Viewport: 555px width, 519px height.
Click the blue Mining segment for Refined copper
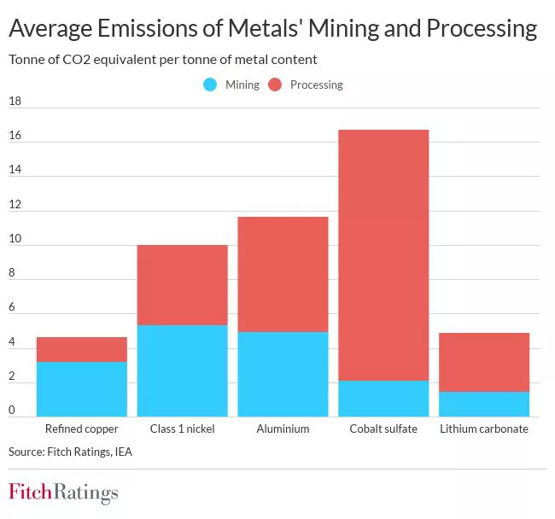[x=81, y=388]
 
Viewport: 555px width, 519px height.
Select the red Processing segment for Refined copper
[x=81, y=349]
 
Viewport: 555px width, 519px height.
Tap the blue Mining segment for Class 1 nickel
[x=182, y=370]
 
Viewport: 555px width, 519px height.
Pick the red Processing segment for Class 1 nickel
[x=182, y=285]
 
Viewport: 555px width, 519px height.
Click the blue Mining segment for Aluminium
[x=283, y=374]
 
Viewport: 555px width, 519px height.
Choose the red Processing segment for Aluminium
[x=283, y=274]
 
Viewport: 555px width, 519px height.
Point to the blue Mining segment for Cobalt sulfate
[x=383, y=398]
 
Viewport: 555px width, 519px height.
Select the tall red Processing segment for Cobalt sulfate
[x=383, y=254]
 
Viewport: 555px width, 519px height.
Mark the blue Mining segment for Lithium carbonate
[x=484, y=404]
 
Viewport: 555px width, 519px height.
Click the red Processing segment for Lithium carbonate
[x=484, y=362]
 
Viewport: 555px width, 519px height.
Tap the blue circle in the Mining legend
[x=210, y=85]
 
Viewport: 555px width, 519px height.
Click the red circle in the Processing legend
[x=275, y=85]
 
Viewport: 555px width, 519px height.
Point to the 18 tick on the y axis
[x=15, y=102]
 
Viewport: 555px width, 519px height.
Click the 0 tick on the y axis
[x=13, y=411]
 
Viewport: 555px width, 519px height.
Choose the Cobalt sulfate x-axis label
[x=383, y=429]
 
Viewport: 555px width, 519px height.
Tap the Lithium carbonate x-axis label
[x=484, y=429]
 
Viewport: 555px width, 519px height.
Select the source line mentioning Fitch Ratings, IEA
[x=70, y=451]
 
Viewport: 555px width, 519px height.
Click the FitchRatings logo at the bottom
[x=63, y=493]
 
